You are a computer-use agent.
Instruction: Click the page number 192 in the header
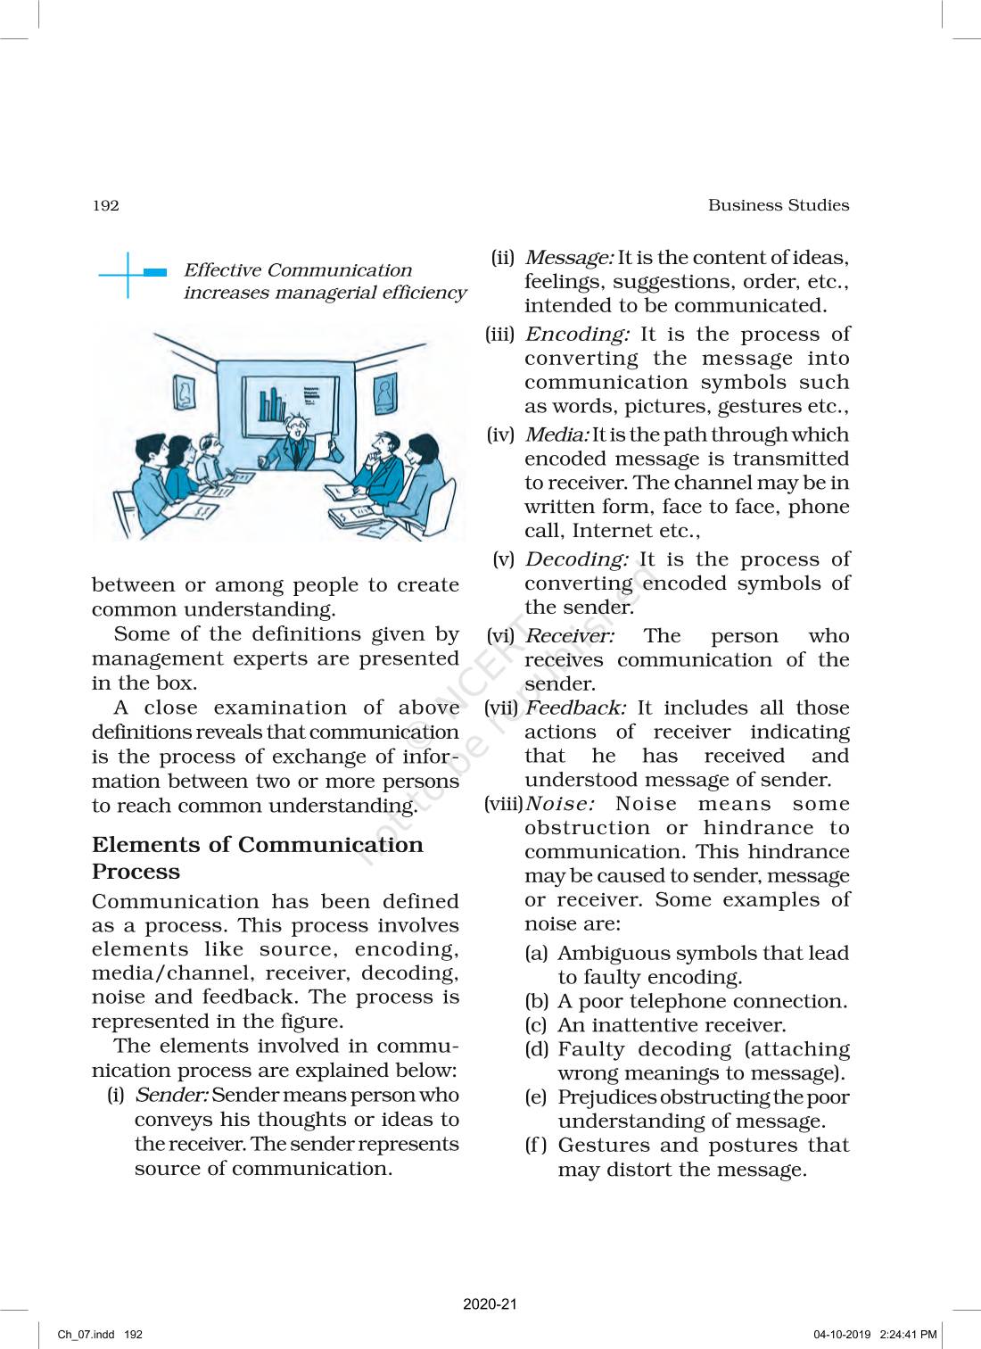pyautogui.click(x=105, y=206)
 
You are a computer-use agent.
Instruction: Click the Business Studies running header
pyautogui.click(x=778, y=205)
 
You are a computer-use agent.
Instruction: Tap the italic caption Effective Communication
pyautogui.click(x=297, y=270)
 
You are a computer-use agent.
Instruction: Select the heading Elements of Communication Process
pyautogui.click(x=257, y=857)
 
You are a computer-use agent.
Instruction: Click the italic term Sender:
pyautogui.click(x=171, y=1095)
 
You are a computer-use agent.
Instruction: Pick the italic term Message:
pyautogui.click(x=568, y=258)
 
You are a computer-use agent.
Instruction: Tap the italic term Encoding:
pyautogui.click(x=576, y=335)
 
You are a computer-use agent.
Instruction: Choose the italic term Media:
pyautogui.click(x=556, y=434)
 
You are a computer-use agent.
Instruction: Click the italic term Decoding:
pyautogui.click(x=576, y=559)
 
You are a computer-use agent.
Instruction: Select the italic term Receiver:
pyautogui.click(x=569, y=636)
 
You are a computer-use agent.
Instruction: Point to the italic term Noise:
pyautogui.click(x=560, y=804)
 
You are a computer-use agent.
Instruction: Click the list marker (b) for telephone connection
pyautogui.click(x=536, y=1001)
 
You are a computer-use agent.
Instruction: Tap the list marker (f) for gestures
pyautogui.click(x=535, y=1146)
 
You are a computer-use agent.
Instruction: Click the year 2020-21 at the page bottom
pyautogui.click(x=490, y=1303)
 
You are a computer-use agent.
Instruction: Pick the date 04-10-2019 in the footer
pyautogui.click(x=841, y=1335)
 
